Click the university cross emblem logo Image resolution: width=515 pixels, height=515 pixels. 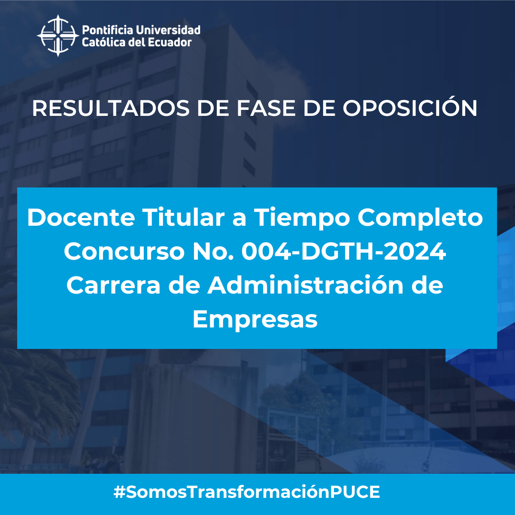[58, 36]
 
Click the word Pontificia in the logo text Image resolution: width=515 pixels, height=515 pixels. [107, 30]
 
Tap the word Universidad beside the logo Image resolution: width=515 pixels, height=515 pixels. [168, 30]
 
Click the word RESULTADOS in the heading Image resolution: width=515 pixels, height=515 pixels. [111, 109]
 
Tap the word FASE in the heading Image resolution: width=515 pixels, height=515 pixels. [266, 109]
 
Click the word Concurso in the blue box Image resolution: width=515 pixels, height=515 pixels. [124, 251]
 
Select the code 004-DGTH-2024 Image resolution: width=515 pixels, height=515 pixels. [344, 251]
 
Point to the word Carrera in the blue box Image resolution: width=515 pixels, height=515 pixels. [114, 285]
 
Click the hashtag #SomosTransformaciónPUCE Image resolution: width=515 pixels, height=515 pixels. [247, 492]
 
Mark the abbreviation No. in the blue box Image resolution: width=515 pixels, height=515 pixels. [213, 251]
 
